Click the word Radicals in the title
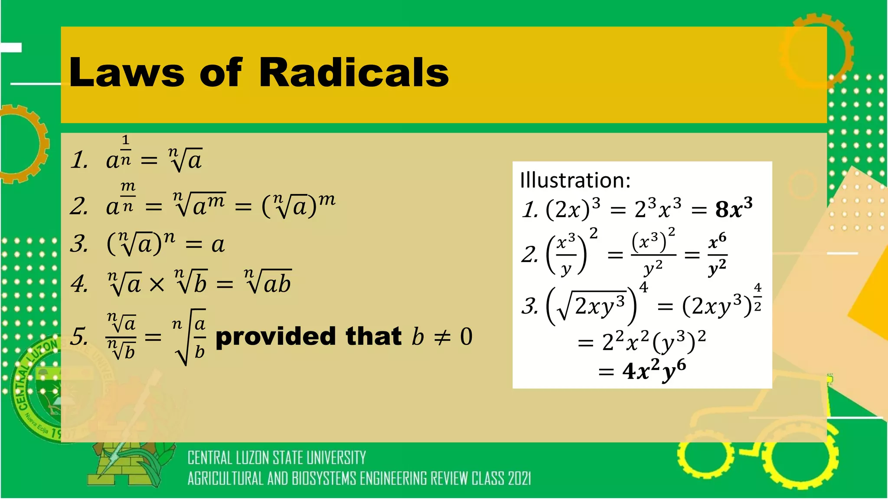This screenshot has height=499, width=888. [x=353, y=72]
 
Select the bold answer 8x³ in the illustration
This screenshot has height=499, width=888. [x=734, y=209]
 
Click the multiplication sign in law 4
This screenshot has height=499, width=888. [x=157, y=285]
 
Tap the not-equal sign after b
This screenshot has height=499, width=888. [x=442, y=337]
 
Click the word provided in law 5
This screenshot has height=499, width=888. [x=276, y=337]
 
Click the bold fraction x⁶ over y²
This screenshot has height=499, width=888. [x=718, y=255]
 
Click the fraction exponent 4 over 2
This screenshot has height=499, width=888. [x=757, y=297]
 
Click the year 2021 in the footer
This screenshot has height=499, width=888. [x=519, y=479]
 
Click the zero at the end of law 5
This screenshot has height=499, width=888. [x=466, y=337]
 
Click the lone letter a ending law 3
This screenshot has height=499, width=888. [x=218, y=245]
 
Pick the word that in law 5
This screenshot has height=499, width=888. [x=373, y=337]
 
